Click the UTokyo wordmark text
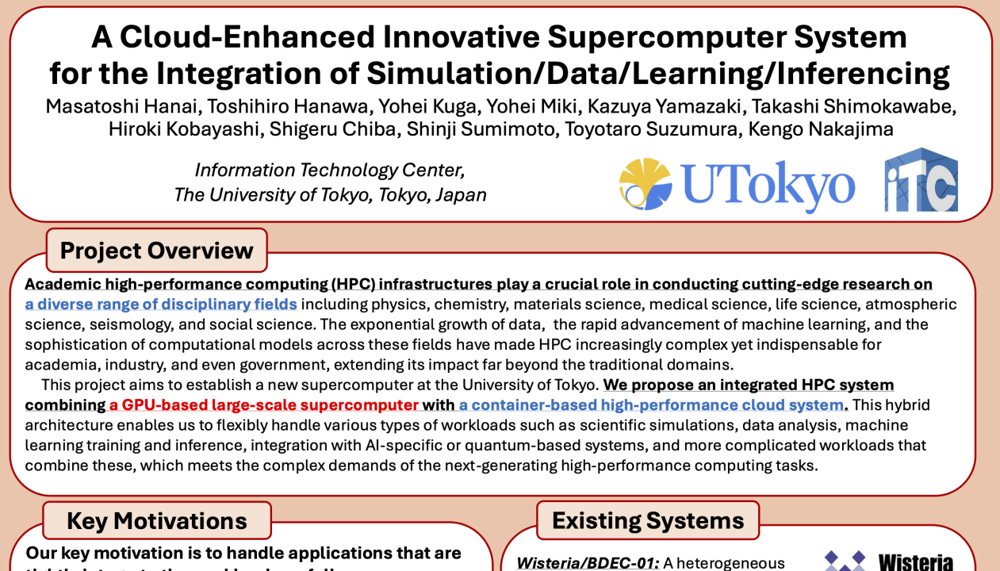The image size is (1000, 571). click(x=768, y=186)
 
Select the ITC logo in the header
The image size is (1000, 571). click(x=921, y=181)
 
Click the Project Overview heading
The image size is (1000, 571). click(x=157, y=251)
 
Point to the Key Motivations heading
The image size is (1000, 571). click(x=157, y=521)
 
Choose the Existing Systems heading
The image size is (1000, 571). click(x=648, y=520)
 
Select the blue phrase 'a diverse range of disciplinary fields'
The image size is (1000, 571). click(x=161, y=305)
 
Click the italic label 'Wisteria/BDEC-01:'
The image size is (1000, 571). click(x=588, y=562)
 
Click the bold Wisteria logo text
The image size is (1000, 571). click(x=916, y=561)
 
